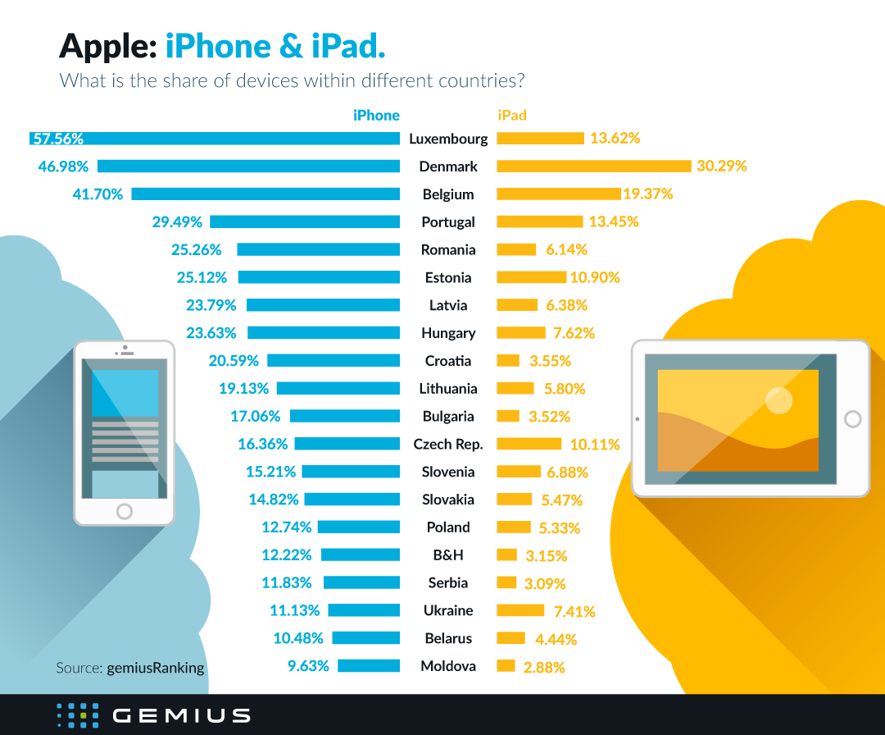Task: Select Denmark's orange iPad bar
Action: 594,167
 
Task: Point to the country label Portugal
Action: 448,222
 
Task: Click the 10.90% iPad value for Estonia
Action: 596,277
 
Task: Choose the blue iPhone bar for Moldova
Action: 369,666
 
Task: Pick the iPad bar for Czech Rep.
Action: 529,444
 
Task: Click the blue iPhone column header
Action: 376,116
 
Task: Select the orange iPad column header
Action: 512,116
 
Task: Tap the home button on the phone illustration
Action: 125,511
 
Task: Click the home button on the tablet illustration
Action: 852,419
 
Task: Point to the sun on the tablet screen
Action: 778,400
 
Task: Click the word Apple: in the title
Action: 107,46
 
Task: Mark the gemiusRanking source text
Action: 155,668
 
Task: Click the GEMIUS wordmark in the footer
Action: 181,714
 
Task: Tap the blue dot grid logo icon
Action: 78,714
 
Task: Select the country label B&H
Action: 447,555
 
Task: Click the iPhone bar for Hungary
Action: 324,333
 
